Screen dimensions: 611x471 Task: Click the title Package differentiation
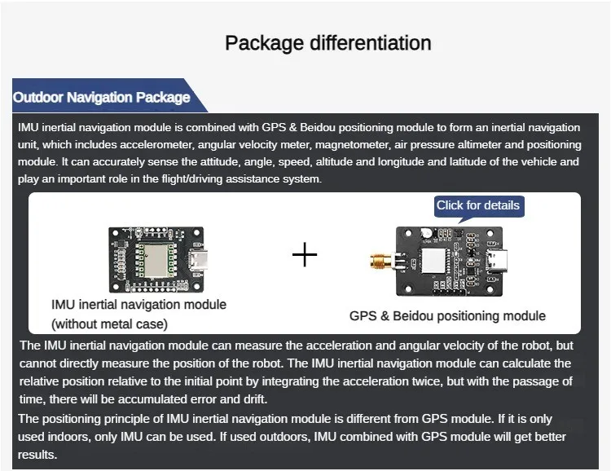(x=327, y=42)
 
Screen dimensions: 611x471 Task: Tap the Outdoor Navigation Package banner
(x=102, y=98)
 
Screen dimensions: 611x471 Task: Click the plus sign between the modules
(x=305, y=255)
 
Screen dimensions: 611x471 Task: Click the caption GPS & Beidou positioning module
(x=447, y=316)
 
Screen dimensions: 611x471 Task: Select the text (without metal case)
(x=109, y=323)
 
